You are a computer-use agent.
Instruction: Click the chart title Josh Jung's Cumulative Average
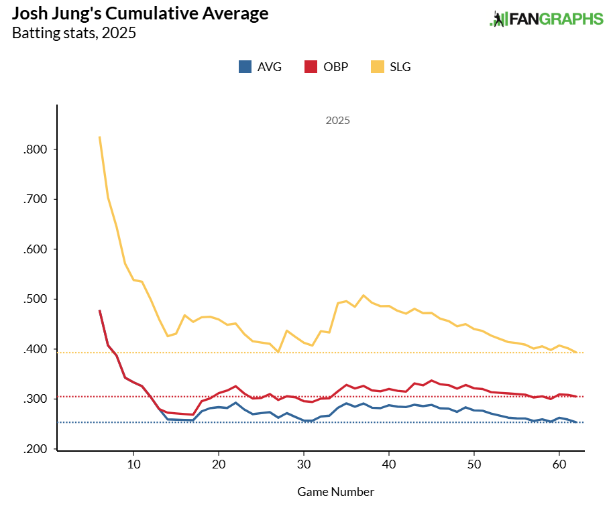(140, 13)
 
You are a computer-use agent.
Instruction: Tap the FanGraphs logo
(546, 19)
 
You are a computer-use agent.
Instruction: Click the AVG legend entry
(260, 67)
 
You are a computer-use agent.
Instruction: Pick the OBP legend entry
(327, 67)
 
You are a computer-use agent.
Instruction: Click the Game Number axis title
(335, 492)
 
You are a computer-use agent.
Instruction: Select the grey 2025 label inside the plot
(337, 121)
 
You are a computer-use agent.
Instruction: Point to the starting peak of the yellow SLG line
(100, 137)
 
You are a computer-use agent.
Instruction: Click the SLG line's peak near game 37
(364, 295)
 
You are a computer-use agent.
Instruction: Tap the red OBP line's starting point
(100, 310)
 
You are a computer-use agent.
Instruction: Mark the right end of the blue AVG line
(576, 422)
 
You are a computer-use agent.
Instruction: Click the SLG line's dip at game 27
(278, 352)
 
